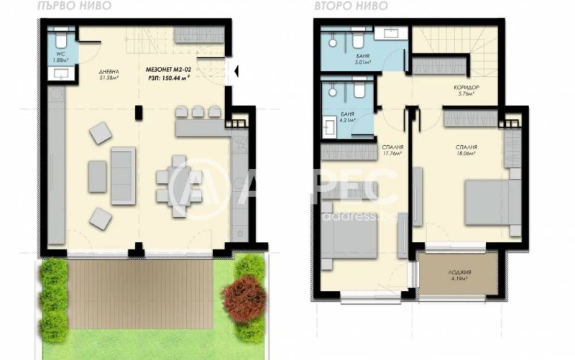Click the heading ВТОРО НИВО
pyautogui.click(x=341, y=5)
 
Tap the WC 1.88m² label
pyautogui.click(x=60, y=57)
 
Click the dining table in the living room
pyautogui.click(x=175, y=185)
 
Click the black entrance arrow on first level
pyautogui.click(x=231, y=70)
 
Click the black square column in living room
pyautogui.click(x=141, y=113)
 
